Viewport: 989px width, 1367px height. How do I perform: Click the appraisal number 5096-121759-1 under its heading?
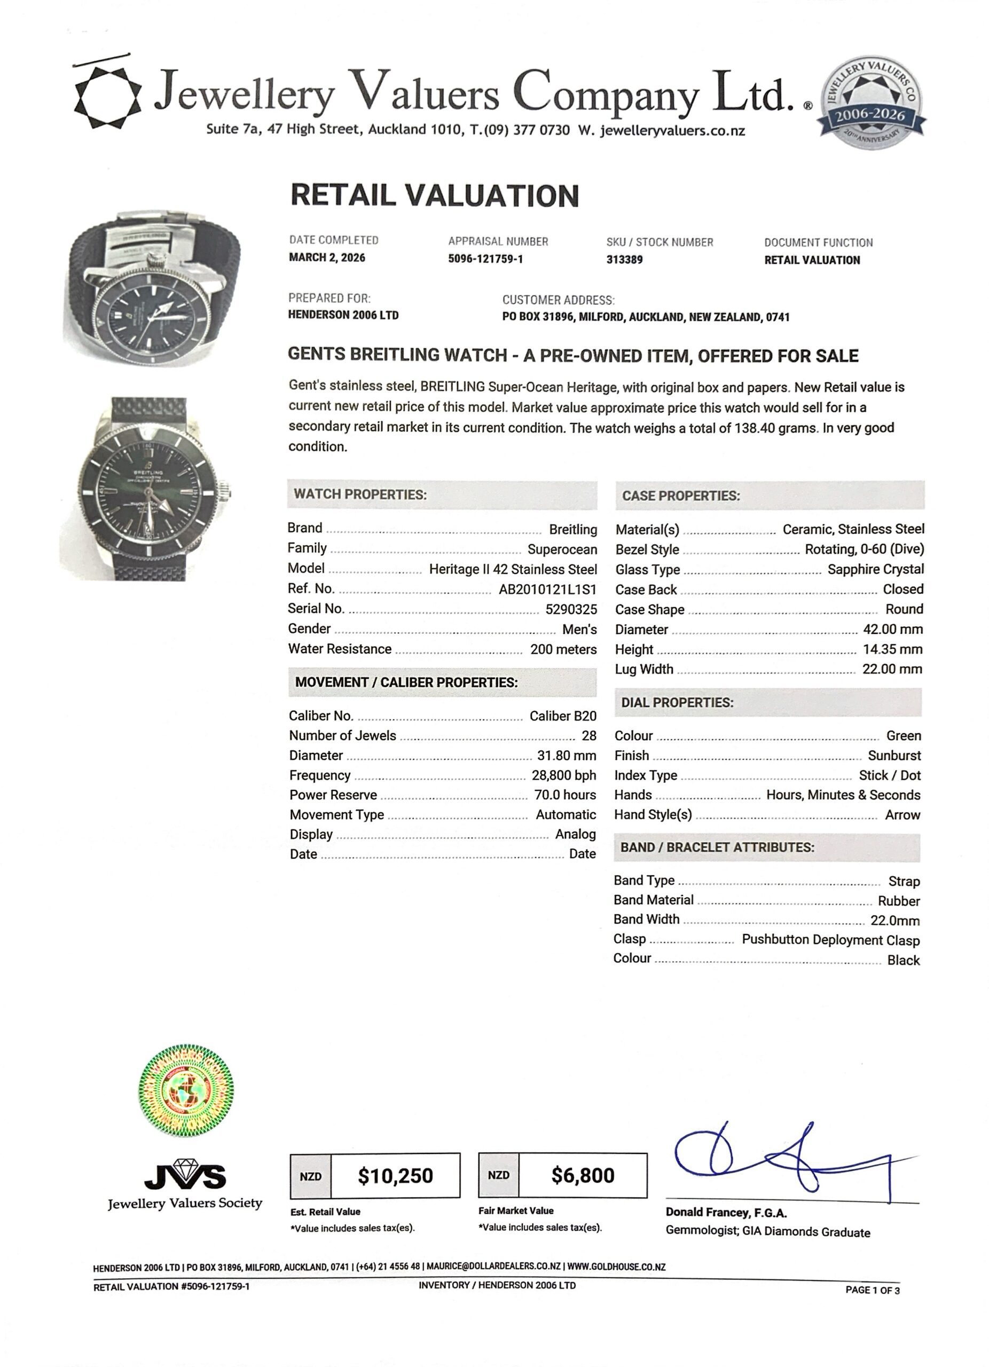tap(485, 259)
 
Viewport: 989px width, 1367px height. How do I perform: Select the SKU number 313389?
tap(624, 260)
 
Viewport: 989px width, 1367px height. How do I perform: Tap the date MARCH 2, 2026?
tap(327, 258)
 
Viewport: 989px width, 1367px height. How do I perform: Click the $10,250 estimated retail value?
tap(395, 1176)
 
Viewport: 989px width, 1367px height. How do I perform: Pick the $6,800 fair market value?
tap(582, 1175)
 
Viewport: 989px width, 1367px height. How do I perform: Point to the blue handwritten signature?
tap(783, 1160)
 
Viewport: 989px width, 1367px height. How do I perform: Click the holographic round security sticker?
tap(186, 1090)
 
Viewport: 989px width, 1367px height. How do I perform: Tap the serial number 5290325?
tap(571, 609)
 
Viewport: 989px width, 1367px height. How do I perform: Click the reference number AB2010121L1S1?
tap(547, 590)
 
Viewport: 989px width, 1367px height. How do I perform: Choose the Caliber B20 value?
tap(563, 716)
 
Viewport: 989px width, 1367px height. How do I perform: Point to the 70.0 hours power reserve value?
tap(564, 795)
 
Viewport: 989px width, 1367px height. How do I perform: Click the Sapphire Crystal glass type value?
tap(875, 570)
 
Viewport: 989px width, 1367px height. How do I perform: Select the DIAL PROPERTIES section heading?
tap(678, 703)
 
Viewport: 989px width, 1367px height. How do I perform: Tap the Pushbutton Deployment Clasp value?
tap(830, 940)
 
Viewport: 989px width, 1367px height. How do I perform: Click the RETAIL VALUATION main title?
tap(435, 196)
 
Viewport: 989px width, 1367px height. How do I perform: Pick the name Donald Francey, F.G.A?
tap(726, 1213)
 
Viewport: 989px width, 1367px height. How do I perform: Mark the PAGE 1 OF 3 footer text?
tap(872, 1290)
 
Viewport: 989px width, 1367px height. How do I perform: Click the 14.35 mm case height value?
tap(892, 650)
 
